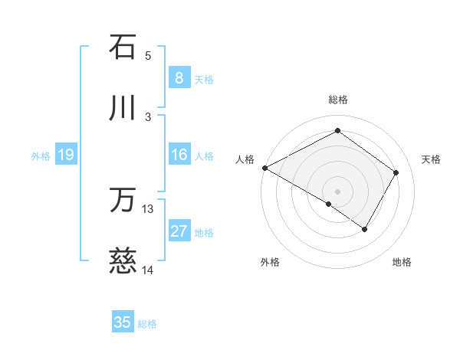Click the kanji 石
tap(123, 47)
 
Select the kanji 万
tap(123, 201)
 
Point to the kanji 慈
tap(123, 263)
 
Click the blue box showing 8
tap(179, 77)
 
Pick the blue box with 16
tap(179, 155)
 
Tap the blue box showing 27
tap(179, 232)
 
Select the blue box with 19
tap(65, 155)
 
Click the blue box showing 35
tap(123, 322)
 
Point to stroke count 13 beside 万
tap(148, 208)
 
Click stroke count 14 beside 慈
tap(148, 270)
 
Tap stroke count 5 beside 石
tap(148, 55)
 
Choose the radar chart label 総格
tap(338, 100)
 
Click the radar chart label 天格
tap(432, 159)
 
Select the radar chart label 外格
tap(270, 262)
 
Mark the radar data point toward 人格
tap(264, 168)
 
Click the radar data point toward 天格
tap(396, 172)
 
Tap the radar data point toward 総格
tap(337, 131)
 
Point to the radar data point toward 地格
tap(365, 229)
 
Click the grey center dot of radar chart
tap(337, 191)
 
